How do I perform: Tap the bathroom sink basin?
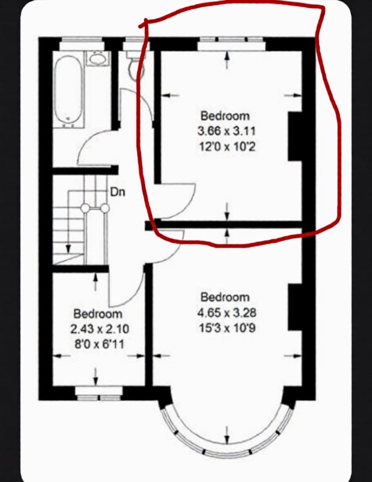pyautogui.click(x=98, y=58)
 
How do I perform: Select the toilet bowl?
pyautogui.click(x=133, y=69)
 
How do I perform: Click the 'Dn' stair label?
pyautogui.click(x=118, y=192)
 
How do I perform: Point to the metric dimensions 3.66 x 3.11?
pyautogui.click(x=227, y=131)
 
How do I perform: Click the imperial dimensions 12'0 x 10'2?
pyautogui.click(x=227, y=146)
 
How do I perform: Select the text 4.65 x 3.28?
pyautogui.click(x=227, y=313)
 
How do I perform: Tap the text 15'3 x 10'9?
pyautogui.click(x=227, y=328)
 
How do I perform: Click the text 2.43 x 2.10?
pyautogui.click(x=99, y=330)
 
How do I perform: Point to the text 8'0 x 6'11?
pyautogui.click(x=99, y=344)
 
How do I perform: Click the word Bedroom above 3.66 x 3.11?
pyautogui.click(x=225, y=116)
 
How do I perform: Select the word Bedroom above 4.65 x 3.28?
pyautogui.click(x=225, y=297)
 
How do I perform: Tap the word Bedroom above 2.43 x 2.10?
pyautogui.click(x=98, y=314)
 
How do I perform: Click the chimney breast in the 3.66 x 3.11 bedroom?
pyautogui.click(x=295, y=136)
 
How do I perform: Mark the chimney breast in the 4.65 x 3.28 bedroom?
pyautogui.click(x=295, y=307)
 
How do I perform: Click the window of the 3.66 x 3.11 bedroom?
pyautogui.click(x=232, y=43)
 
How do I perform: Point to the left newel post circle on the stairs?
pyautogui.click(x=85, y=208)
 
